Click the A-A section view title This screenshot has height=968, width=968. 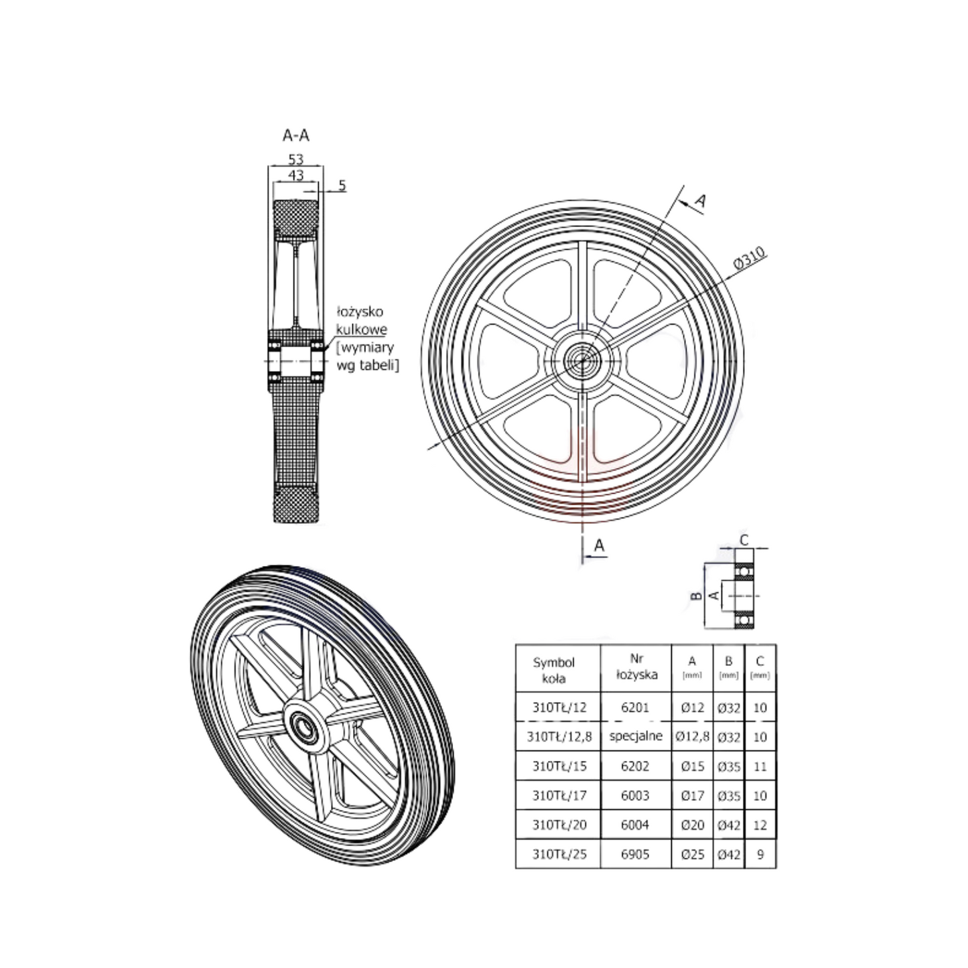point(295,135)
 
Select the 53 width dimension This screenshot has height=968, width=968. point(295,159)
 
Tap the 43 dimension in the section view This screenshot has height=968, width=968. point(295,175)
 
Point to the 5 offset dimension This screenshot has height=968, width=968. point(342,186)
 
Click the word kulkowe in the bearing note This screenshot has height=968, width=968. point(361,330)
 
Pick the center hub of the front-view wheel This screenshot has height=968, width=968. point(582,360)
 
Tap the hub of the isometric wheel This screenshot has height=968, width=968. point(305,726)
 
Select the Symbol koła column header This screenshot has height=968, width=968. point(554,670)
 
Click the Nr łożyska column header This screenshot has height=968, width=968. point(636,667)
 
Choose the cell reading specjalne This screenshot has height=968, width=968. point(636,736)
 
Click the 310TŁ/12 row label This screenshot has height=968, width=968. point(559,707)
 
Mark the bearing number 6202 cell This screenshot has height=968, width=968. point(635,766)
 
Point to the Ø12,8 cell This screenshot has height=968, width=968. point(692,736)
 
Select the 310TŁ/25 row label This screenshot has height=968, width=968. point(559,854)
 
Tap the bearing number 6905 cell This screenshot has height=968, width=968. point(635,854)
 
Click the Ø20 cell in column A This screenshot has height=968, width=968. point(692,825)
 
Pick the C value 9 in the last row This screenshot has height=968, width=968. point(760,854)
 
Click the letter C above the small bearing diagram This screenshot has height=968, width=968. point(744,540)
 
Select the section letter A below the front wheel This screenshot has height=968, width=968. point(599,546)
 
